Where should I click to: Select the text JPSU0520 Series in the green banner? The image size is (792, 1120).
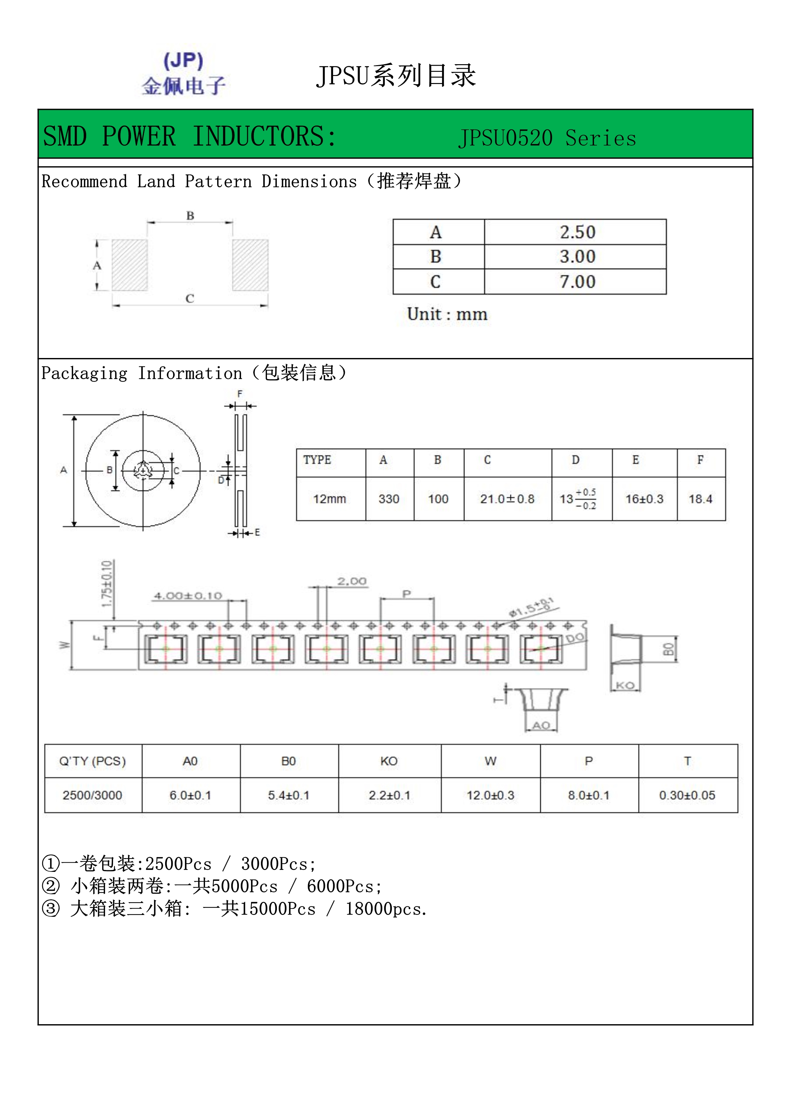pyautogui.click(x=547, y=138)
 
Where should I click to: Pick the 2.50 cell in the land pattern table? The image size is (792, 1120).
pyautogui.click(x=577, y=232)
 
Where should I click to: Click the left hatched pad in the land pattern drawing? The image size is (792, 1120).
pyautogui.click(x=130, y=265)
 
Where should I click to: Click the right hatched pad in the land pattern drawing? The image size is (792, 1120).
pyautogui.click(x=250, y=265)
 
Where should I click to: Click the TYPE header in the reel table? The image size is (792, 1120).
pyautogui.click(x=317, y=460)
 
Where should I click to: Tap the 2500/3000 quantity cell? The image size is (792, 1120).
pyautogui.click(x=92, y=795)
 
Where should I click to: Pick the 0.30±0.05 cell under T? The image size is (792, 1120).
pyautogui.click(x=687, y=795)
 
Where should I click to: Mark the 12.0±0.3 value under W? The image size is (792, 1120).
pyautogui.click(x=490, y=795)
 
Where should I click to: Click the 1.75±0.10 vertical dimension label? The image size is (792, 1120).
pyautogui.click(x=107, y=584)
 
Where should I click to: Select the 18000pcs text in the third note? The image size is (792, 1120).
pyautogui.click(x=386, y=909)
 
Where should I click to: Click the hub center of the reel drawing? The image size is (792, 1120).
pyautogui.click(x=143, y=471)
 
